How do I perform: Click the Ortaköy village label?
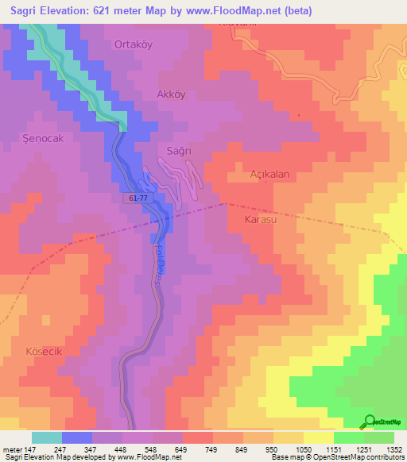tap(133, 44)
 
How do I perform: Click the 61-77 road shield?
tap(137, 198)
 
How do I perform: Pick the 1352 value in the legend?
tap(394, 449)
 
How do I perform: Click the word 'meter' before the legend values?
tap(12, 449)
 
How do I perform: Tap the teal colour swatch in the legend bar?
tap(47, 437)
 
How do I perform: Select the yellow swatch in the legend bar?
tap(318, 437)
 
